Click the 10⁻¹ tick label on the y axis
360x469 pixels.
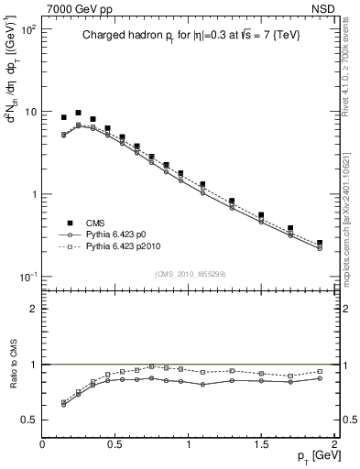[29, 277]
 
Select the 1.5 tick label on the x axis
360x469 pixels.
[261, 443]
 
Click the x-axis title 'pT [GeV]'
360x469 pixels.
[313, 457]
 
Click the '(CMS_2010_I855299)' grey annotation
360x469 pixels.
[188, 273]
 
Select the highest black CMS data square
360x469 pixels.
[78, 113]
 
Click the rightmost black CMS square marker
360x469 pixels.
[320, 243]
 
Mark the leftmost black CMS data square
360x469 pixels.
[63, 117]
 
